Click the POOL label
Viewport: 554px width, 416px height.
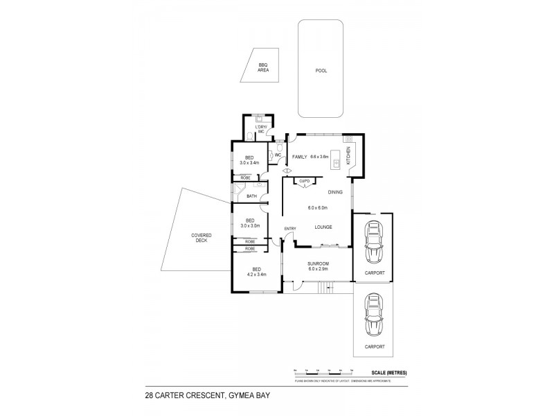tap(321, 71)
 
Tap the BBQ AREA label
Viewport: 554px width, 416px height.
tap(263, 68)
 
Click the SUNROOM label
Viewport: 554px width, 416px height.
tap(319, 263)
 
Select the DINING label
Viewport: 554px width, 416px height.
tap(336, 192)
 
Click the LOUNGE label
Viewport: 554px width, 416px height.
tap(323, 227)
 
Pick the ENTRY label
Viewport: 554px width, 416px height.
tap(289, 229)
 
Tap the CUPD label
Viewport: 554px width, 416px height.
tap(304, 182)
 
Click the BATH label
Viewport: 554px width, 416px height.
tap(251, 196)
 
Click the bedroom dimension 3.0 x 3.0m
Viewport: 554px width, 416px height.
tap(249, 225)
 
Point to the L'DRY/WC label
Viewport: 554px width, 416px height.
tap(261, 129)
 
